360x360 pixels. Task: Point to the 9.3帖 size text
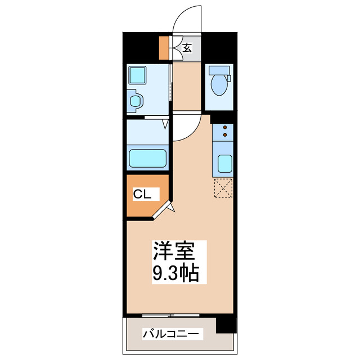(x=175, y=274)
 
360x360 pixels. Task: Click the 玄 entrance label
(x=187, y=48)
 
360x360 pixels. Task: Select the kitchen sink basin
(x=224, y=164)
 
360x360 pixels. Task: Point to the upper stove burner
(x=224, y=128)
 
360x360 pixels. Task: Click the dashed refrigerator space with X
(x=223, y=188)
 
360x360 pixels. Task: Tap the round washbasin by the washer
(x=136, y=101)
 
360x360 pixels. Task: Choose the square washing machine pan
(x=137, y=75)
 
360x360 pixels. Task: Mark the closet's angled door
(x=164, y=210)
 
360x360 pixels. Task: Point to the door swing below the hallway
(x=184, y=129)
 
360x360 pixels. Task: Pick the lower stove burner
(x=224, y=134)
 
